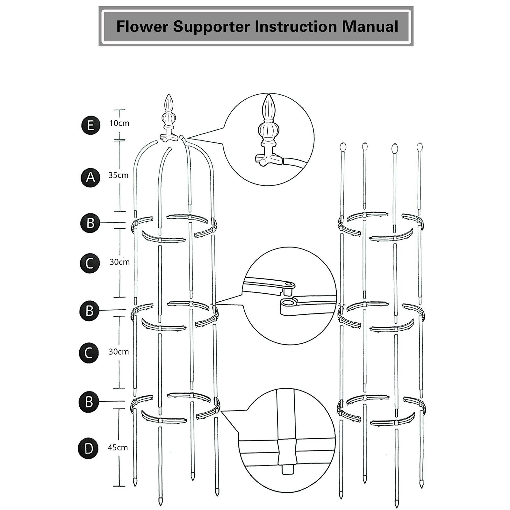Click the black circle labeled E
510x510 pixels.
tap(90, 125)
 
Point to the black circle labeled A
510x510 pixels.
tap(90, 177)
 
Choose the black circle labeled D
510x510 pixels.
tap(88, 449)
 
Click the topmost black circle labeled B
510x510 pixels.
tap(90, 223)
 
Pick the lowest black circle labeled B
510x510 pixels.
tap(89, 402)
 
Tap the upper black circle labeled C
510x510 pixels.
tap(90, 263)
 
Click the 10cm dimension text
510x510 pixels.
tap(119, 123)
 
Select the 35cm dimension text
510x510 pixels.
tap(119, 175)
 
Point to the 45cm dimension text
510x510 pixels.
tap(118, 448)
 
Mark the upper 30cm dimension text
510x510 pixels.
tap(119, 262)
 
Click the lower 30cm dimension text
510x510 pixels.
tap(119, 352)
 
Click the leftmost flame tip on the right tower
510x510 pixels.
tap(343, 147)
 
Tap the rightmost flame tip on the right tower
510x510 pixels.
tap(420, 147)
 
